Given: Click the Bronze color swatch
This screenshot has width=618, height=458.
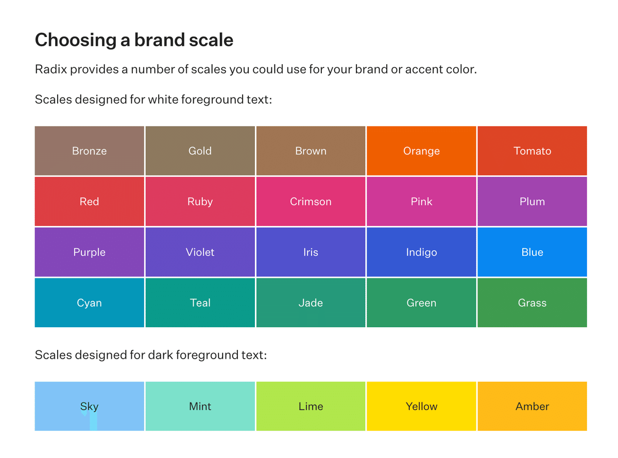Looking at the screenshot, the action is pyautogui.click(x=89, y=151).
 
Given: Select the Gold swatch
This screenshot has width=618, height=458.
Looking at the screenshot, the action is pyautogui.click(x=200, y=151).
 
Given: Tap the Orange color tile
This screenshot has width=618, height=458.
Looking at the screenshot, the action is pyautogui.click(x=421, y=151).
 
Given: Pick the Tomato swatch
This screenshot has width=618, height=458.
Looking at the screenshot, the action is pyautogui.click(x=532, y=151).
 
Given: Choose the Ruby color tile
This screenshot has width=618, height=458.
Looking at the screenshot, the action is pyautogui.click(x=200, y=201).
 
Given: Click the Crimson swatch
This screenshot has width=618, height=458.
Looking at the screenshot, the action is pyautogui.click(x=311, y=201).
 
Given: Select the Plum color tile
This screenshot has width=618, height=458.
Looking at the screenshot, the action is pyautogui.click(x=532, y=201).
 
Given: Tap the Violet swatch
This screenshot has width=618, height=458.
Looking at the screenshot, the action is pyautogui.click(x=200, y=252).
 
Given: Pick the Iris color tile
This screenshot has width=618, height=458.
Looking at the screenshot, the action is pyautogui.click(x=311, y=252).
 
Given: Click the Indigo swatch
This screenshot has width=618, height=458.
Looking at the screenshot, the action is pyautogui.click(x=421, y=252).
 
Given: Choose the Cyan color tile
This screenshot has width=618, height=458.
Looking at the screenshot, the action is pyautogui.click(x=89, y=303).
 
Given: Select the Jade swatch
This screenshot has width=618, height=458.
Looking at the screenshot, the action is pyautogui.click(x=311, y=303).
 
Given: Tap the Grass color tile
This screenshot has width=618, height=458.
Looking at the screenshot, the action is pyautogui.click(x=532, y=303).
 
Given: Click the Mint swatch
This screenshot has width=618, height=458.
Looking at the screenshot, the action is pyautogui.click(x=200, y=406).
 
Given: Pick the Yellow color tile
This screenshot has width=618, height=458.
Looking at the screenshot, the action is pyautogui.click(x=421, y=406).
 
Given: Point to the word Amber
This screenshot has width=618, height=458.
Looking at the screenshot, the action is pyautogui.click(x=532, y=406).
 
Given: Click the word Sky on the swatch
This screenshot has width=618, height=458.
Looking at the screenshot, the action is pyautogui.click(x=89, y=407).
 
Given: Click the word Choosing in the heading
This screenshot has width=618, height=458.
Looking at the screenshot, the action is pyautogui.click(x=76, y=40).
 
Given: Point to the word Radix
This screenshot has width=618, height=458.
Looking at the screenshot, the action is pyautogui.click(x=51, y=69).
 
